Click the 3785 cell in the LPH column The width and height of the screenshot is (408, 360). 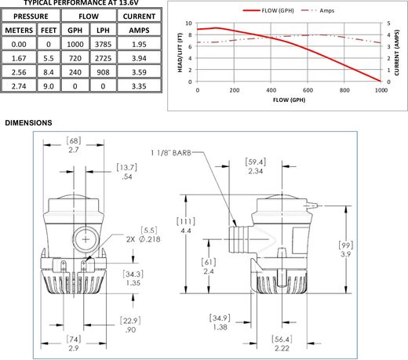click(103, 44)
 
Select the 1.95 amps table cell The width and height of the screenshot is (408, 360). click(139, 44)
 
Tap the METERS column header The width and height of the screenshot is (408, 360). click(19, 30)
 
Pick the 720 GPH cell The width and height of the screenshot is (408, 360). click(75, 58)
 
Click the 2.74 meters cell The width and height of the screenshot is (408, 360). click(19, 86)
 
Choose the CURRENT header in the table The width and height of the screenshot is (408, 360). click(139, 16)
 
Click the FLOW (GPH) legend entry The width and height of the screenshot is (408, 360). click(268, 11)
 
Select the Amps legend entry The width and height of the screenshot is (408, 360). click(318, 11)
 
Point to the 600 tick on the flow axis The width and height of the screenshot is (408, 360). click(308, 90)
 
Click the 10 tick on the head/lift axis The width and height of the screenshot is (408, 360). click(188, 24)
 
